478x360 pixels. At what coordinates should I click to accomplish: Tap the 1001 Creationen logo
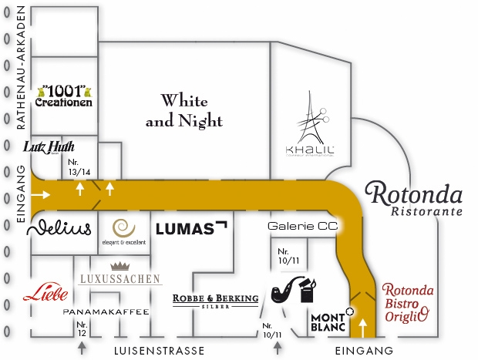tap(66, 95)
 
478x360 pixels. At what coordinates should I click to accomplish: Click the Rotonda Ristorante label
tap(413, 198)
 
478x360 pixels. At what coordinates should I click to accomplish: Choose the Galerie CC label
tap(303, 227)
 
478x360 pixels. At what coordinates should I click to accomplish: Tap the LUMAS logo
tap(191, 228)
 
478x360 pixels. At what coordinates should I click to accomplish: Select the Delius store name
tap(59, 228)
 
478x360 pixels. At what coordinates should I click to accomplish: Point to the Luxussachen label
tap(119, 278)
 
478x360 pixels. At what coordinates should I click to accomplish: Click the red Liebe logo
tap(45, 293)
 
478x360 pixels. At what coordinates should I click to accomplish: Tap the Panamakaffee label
tap(106, 311)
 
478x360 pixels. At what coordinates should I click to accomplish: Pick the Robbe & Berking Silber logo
tap(215, 301)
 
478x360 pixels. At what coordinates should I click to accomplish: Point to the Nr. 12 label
tap(82, 328)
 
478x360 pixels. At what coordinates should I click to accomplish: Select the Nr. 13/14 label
tap(79, 167)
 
